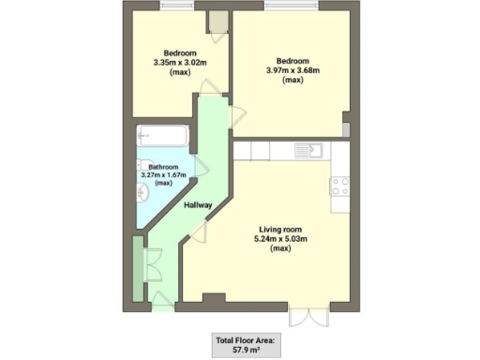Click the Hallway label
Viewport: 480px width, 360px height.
[198, 205]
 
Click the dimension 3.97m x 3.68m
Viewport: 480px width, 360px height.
[292, 70]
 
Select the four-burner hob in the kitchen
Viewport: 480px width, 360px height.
[339, 186]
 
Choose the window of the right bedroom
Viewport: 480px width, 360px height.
[291, 8]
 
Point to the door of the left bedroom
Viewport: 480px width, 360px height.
[212, 88]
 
